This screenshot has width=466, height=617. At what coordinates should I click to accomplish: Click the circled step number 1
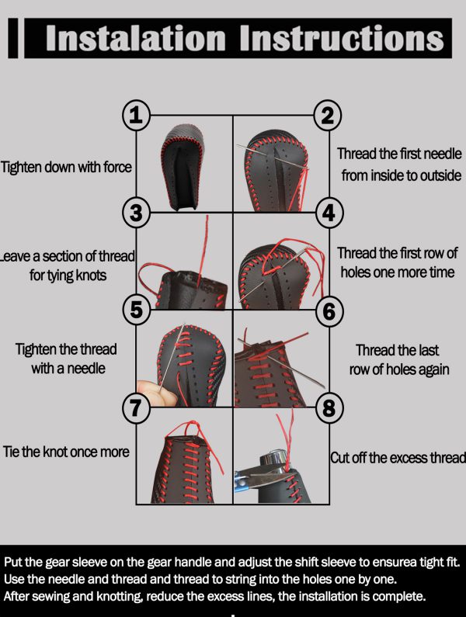coord(136,116)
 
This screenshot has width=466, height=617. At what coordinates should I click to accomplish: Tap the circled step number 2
coord(328,116)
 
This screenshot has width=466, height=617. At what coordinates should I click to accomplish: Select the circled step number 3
coord(136,213)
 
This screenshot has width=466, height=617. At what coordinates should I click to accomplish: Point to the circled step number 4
coord(329,213)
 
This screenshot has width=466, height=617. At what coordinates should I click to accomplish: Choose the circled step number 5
coord(136,310)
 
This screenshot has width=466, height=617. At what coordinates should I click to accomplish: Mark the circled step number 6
coord(329,311)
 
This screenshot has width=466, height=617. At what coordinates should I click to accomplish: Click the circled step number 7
coord(136,407)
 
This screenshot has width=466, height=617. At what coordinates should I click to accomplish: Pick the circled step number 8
coord(329,407)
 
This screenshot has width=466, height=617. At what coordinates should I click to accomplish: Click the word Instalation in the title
coord(135,38)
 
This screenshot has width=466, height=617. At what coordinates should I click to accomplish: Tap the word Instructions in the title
coord(342,38)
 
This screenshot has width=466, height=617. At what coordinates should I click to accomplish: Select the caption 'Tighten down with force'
coord(66,167)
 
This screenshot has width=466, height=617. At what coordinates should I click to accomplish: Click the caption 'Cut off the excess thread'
coord(398,458)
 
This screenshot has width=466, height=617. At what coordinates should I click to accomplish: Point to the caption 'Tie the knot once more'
coord(66,452)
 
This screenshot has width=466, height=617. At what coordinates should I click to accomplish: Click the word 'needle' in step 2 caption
coord(443,154)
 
